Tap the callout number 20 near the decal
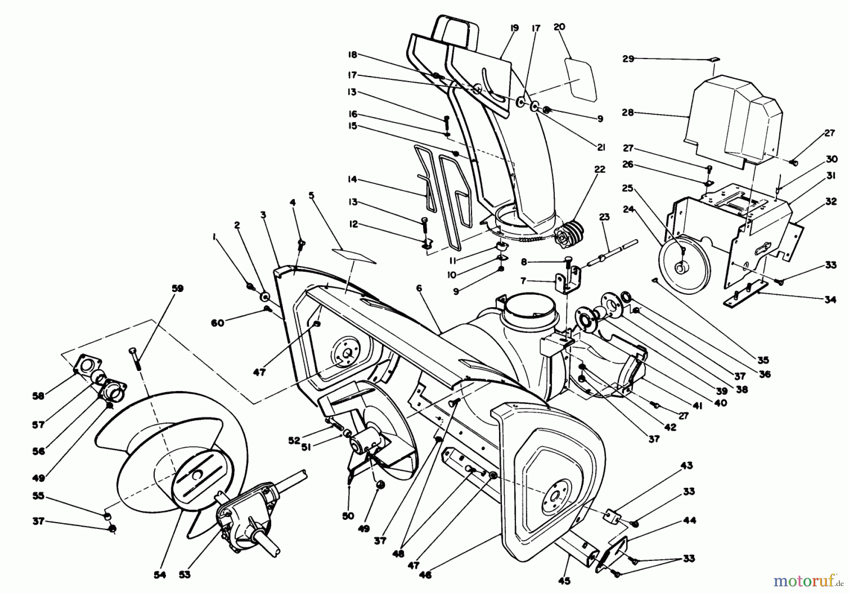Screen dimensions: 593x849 559,27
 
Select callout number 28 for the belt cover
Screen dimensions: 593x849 628,113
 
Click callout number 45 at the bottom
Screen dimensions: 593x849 564,581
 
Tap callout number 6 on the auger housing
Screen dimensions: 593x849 419,288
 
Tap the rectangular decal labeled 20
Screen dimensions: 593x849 582,79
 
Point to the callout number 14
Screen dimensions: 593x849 351,179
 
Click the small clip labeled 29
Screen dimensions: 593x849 715,59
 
